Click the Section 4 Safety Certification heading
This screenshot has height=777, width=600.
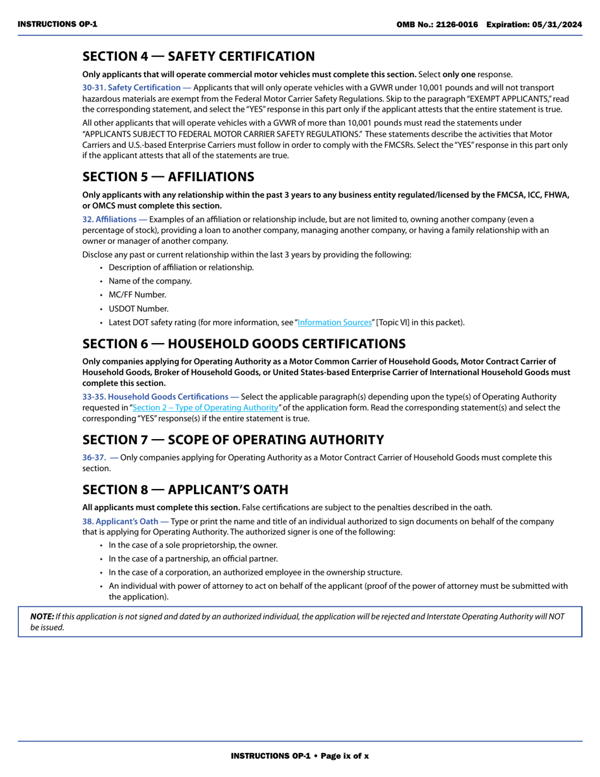click(x=198, y=56)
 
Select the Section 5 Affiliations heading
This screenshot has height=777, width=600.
click(x=168, y=176)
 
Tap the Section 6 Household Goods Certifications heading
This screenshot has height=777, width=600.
click(x=244, y=344)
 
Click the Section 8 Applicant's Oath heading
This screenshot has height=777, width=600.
click(x=185, y=490)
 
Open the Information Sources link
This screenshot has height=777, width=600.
click(x=335, y=323)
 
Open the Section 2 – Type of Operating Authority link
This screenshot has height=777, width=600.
click(x=205, y=407)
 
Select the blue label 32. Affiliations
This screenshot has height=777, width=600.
click(x=114, y=219)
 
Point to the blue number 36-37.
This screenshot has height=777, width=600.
click(x=93, y=457)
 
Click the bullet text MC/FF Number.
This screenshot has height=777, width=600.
click(x=137, y=295)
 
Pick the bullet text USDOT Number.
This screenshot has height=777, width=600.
click(x=138, y=309)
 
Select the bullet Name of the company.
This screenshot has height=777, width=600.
click(x=150, y=281)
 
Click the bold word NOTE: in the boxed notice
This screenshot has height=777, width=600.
click(x=42, y=617)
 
